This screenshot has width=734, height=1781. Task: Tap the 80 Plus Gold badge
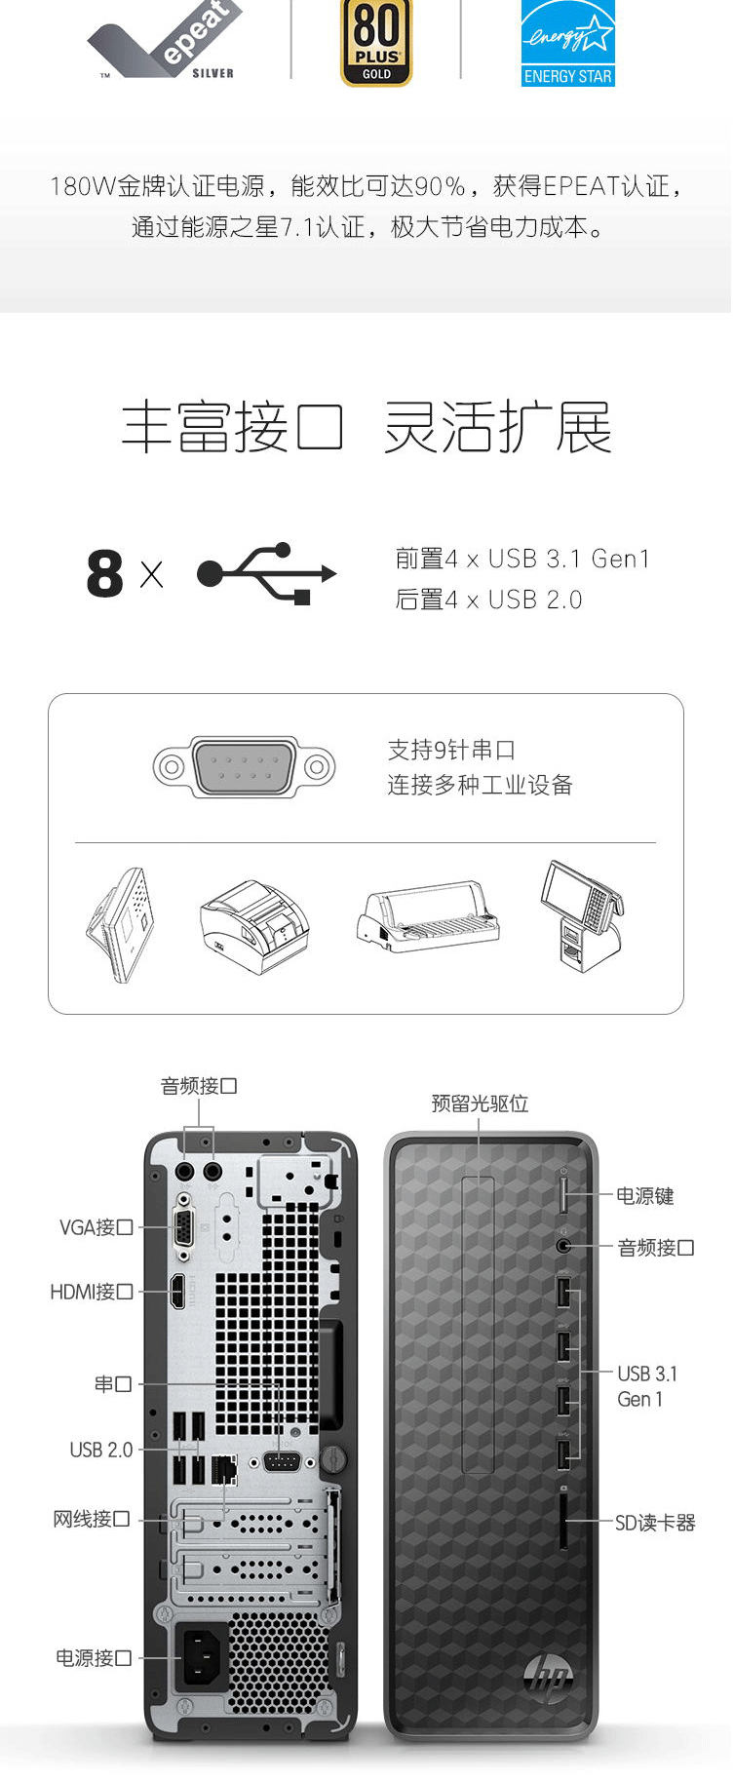click(376, 43)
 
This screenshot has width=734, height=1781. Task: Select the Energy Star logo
click(567, 44)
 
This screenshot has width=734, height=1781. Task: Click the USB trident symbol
click(266, 573)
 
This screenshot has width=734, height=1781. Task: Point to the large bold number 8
click(105, 574)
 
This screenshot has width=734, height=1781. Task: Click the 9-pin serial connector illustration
click(244, 767)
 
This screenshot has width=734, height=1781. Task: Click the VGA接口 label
click(96, 1227)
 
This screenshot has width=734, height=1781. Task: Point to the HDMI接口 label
click(92, 1292)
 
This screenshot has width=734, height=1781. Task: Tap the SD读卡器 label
click(655, 1523)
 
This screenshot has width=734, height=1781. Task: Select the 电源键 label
click(644, 1196)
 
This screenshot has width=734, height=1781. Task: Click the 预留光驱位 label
click(480, 1103)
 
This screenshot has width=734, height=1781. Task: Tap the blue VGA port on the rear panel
click(182, 1227)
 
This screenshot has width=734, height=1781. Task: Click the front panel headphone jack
click(563, 1246)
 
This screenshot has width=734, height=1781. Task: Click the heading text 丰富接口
click(232, 427)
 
